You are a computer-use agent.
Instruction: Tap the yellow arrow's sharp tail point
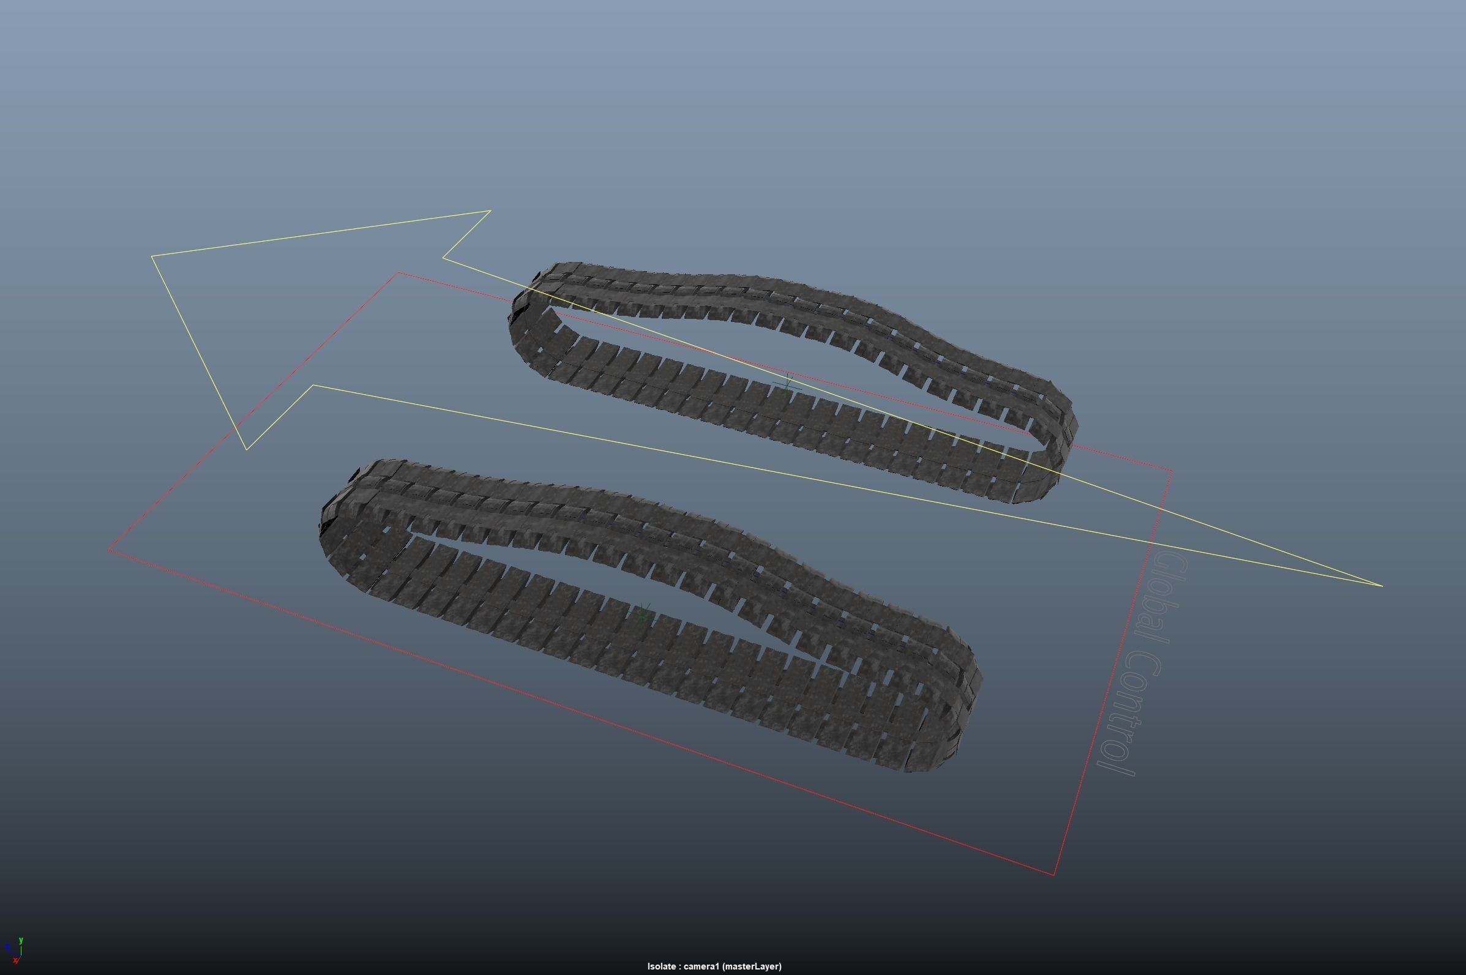[1382, 585]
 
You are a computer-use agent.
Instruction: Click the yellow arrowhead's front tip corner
[152, 256]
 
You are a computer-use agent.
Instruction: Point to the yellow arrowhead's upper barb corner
[490, 211]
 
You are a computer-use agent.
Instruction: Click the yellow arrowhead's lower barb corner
[247, 449]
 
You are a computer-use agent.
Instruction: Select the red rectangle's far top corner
[398, 272]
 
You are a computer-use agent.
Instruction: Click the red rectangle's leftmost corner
[109, 550]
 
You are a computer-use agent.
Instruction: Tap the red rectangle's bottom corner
[1054, 875]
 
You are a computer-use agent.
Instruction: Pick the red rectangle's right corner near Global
[1173, 471]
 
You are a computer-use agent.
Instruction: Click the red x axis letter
[15, 961]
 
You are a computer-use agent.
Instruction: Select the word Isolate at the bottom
[661, 966]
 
